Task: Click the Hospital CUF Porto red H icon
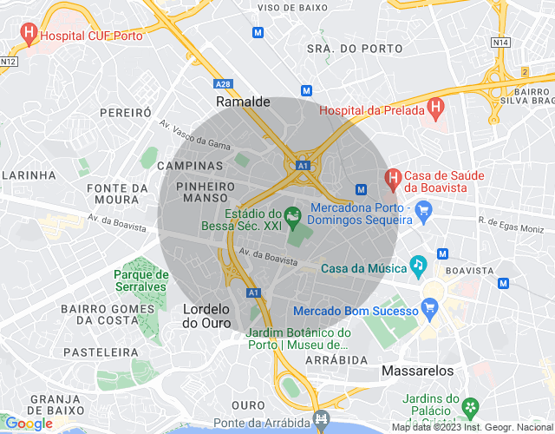29,36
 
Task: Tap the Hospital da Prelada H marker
436,109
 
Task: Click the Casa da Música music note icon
419,264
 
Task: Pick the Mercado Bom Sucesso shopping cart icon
428,308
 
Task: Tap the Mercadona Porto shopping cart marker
423,209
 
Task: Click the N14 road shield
499,42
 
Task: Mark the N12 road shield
9,61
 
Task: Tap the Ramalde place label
243,102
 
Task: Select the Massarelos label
417,371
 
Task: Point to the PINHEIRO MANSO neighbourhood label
206,192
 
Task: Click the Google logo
29,424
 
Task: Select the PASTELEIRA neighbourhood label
101,352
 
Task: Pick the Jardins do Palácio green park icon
470,406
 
